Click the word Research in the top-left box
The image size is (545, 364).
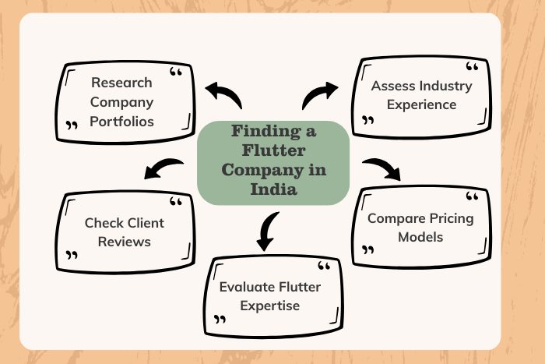point(121,82)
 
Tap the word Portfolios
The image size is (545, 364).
point(121,122)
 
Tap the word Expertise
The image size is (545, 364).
point(270,306)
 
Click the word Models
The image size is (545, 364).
point(420,237)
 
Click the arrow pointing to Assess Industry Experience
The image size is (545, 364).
point(319,95)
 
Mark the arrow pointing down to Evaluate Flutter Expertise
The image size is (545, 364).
point(267,232)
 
